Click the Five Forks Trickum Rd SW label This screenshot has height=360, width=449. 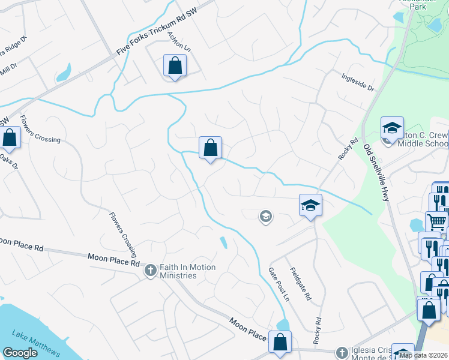coord(164,29)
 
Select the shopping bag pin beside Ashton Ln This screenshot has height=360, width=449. coord(175,66)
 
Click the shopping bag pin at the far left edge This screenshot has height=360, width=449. coord(10,137)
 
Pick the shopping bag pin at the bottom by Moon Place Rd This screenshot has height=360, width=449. coord(280,342)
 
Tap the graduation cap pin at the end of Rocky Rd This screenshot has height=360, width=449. coord(311,205)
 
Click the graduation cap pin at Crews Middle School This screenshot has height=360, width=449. coord(391,128)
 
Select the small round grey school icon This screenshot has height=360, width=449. coord(265,216)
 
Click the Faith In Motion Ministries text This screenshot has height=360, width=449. coord(178,271)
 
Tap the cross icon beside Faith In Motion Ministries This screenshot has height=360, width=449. coord(151,271)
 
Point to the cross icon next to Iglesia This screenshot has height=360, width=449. coord(342,352)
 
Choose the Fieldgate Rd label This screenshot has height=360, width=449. coord(301,284)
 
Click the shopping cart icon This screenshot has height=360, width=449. coord(437,221)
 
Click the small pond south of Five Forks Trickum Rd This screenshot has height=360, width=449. coord(62,74)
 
